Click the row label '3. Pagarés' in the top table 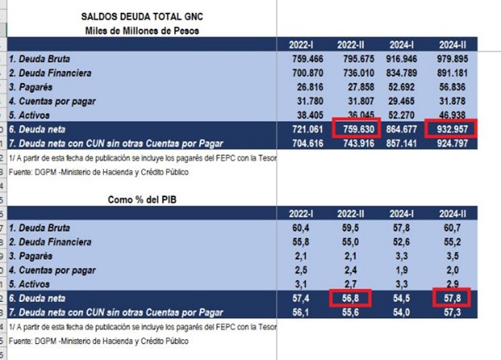pos(32,86)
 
